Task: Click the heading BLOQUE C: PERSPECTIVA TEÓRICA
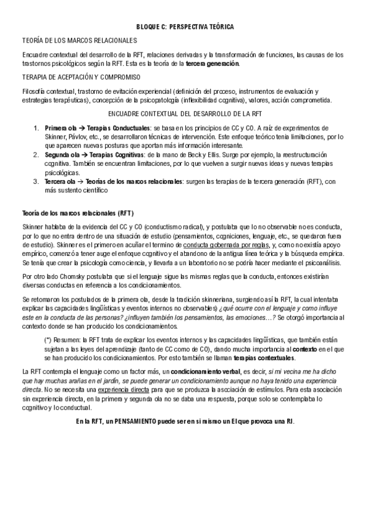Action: click(x=185, y=28)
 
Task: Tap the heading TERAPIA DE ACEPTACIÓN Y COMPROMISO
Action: click(x=80, y=77)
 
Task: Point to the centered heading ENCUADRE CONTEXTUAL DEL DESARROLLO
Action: click(x=185, y=114)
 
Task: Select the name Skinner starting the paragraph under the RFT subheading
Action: click(x=32, y=228)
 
